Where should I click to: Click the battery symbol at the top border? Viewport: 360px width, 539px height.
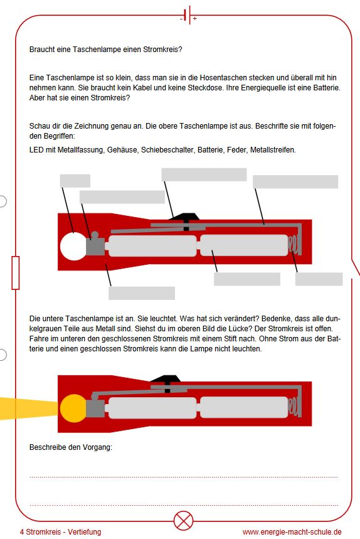[x=188, y=15]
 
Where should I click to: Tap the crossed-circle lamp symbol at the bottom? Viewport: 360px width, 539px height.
[x=183, y=521]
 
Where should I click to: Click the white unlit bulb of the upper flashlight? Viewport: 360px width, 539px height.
[x=73, y=246]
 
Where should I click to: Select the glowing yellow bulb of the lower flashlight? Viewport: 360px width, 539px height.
[x=73, y=408]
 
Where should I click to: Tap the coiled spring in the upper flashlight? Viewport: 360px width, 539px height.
[x=294, y=245]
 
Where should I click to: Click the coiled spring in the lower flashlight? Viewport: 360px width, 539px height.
[x=294, y=407]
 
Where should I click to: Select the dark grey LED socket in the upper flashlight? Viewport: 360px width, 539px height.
[x=95, y=245]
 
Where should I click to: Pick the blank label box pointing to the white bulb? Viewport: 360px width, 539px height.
[x=75, y=181]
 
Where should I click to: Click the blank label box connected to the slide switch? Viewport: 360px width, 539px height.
[x=204, y=174]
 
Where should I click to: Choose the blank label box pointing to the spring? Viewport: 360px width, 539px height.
[x=319, y=279]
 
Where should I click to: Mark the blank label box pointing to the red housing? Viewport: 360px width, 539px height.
[x=142, y=293]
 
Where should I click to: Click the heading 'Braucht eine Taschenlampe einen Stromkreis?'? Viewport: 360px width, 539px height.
[x=106, y=50]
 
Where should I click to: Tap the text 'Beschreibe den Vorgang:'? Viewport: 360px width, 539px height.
[x=71, y=447]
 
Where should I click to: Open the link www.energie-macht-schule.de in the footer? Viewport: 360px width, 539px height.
[x=292, y=532]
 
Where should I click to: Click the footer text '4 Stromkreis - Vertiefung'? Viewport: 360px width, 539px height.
[x=60, y=532]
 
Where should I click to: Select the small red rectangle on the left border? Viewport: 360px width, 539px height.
[x=16, y=272]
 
